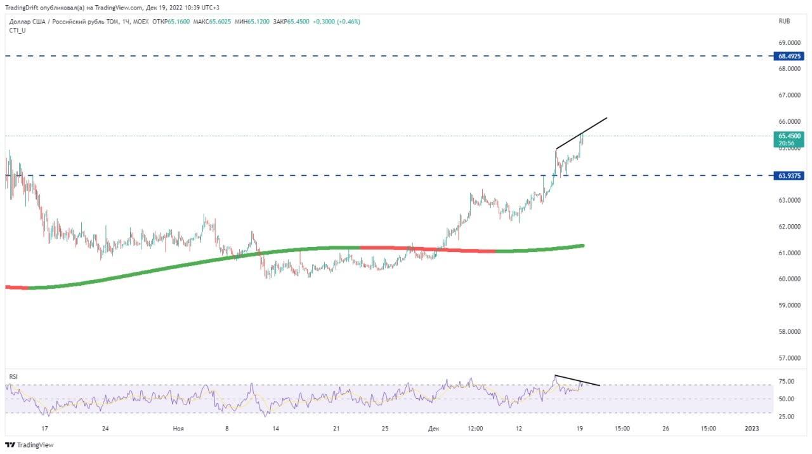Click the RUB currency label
[x=784, y=21]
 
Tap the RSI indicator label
[x=13, y=377]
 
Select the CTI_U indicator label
[x=17, y=30]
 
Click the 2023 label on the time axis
[x=751, y=429]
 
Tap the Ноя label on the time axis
[x=178, y=429]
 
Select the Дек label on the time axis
[x=433, y=429]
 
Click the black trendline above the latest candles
[x=582, y=133]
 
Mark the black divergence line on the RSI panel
[x=577, y=380]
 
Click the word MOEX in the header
[x=141, y=22]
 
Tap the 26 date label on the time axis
[x=665, y=429]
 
